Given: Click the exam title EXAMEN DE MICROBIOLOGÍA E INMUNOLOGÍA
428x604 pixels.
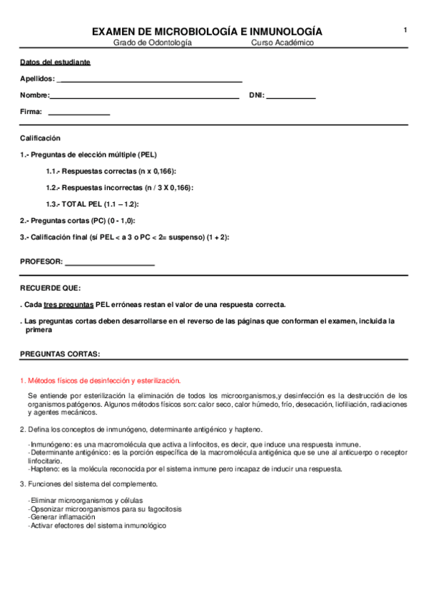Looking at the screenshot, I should point(207,32).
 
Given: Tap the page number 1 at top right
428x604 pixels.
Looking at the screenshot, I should point(405,30).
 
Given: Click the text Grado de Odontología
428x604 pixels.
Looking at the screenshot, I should point(153,43).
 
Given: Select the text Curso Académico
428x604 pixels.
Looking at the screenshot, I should point(282,43).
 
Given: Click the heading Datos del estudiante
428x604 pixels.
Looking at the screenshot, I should point(55,62).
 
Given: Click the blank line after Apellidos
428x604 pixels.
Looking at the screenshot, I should point(149,80).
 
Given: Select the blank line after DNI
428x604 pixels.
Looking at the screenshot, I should point(291,96).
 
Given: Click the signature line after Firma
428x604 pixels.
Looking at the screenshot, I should point(78,113).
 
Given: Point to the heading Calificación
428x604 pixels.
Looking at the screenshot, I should point(41,138).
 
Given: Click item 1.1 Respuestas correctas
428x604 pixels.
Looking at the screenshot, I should point(111,172).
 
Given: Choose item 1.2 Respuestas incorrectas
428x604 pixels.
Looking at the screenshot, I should point(119,188).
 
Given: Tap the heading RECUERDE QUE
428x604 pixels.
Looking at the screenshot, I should point(51,288).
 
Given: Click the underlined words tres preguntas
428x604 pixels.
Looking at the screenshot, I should point(68,304).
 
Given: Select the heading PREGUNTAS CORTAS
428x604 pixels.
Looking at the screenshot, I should point(60,354).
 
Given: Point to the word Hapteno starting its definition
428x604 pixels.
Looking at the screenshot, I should point(44,469).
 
